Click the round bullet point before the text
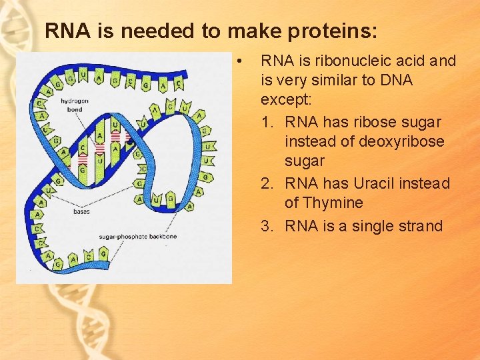click(x=239, y=61)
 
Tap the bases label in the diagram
click(x=81, y=211)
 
